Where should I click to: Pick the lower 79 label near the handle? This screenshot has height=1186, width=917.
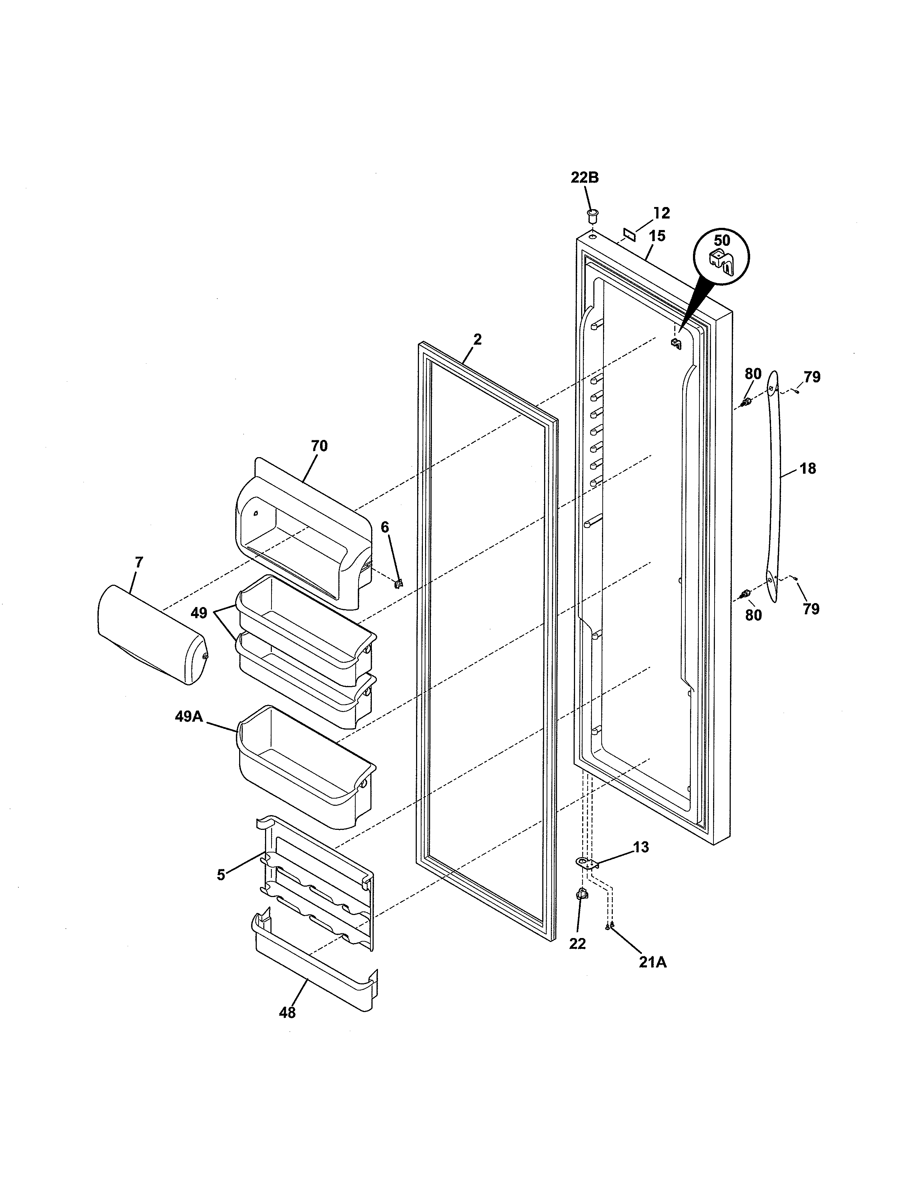(811, 609)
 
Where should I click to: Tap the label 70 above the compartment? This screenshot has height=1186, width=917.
(319, 446)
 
